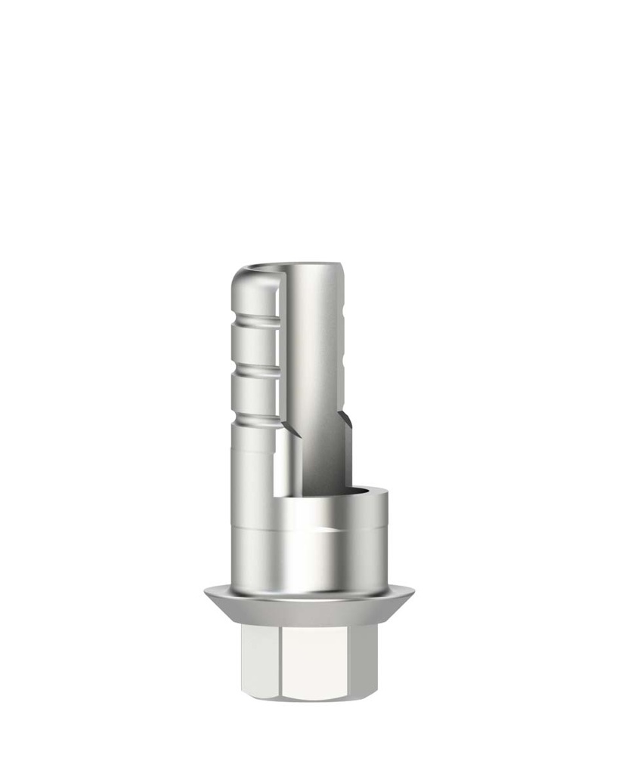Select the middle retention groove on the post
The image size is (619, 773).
254,371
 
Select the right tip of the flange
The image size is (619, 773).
412,594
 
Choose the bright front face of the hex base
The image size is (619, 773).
310,661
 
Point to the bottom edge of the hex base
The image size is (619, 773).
310,698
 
